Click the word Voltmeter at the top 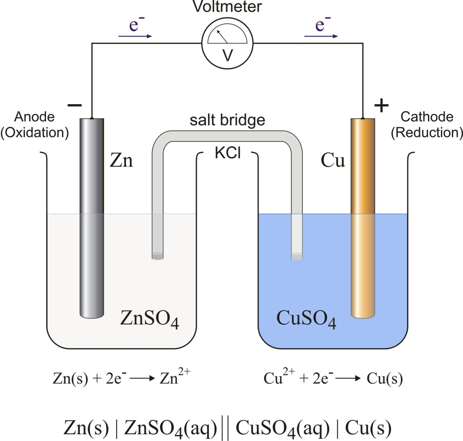[x=227, y=7]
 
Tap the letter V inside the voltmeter [x=228, y=55]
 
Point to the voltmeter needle [x=222, y=36]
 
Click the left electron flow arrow [x=135, y=36]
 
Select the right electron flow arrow [x=321, y=36]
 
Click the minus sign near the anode [x=74, y=105]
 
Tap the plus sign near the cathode [x=381, y=106]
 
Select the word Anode [x=34, y=117]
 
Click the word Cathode [x=427, y=117]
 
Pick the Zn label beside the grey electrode [x=121, y=160]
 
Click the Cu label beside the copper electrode [x=332, y=160]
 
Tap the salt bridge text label [x=227, y=120]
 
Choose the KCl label [x=228, y=153]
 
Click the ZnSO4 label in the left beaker [x=150, y=318]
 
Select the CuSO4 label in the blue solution [x=306, y=318]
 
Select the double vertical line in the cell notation [x=225, y=427]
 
